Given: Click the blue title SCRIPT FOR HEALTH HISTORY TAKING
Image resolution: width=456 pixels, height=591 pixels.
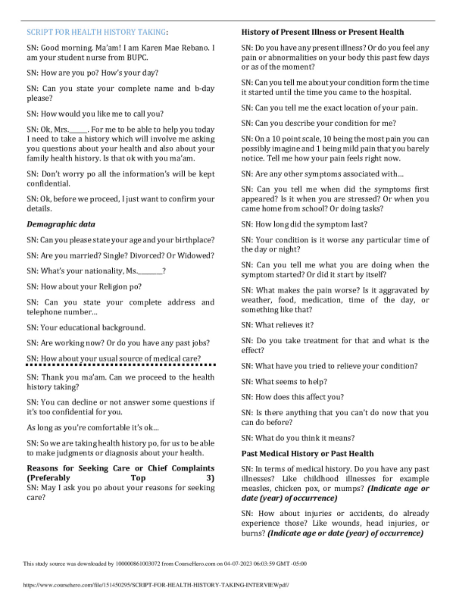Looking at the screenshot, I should [x=96, y=33].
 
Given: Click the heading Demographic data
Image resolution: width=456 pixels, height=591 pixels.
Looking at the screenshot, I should [x=61, y=224].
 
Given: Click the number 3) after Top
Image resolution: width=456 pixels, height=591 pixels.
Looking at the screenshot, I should [x=210, y=478].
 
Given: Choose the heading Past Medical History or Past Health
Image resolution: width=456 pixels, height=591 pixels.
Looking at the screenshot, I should [x=307, y=453].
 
